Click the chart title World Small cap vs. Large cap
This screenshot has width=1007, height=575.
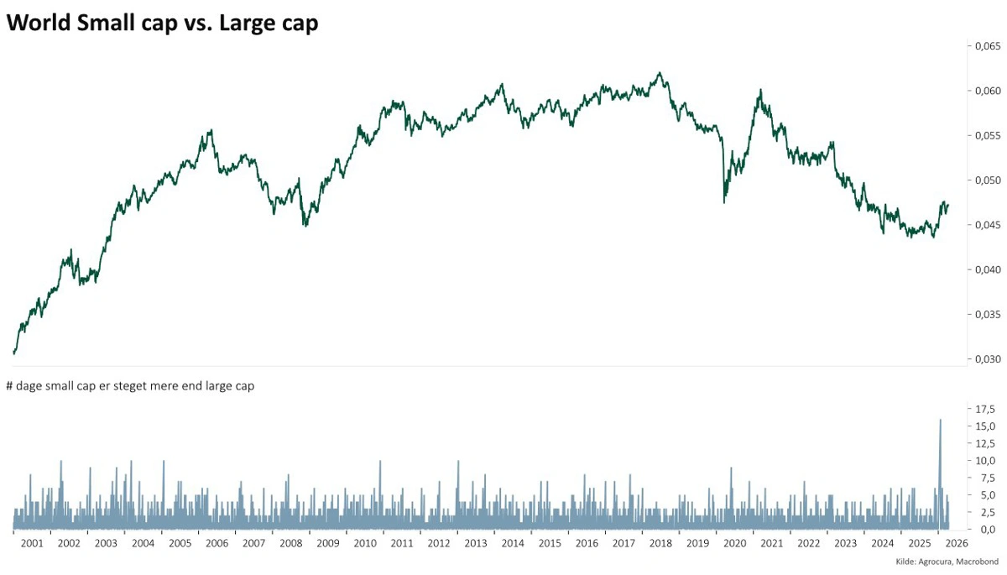tap(162, 24)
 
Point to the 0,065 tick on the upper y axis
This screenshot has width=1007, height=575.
tap(986, 46)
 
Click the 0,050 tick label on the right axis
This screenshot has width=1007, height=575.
tap(986, 180)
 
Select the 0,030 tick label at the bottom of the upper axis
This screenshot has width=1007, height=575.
tap(986, 359)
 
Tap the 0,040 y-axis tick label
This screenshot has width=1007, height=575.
tap(986, 269)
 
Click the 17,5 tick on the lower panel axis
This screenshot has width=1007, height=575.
tap(984, 409)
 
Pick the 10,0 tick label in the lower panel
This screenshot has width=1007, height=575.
tap(984, 461)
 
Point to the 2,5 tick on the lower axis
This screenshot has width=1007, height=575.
tap(985, 512)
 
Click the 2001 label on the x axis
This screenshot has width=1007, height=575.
tap(32, 543)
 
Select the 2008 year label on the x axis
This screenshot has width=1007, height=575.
tap(290, 543)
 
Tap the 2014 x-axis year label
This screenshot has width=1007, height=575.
tap(513, 543)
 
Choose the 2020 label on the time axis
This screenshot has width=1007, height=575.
tap(734, 543)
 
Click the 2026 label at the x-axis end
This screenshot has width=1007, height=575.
tap(956, 543)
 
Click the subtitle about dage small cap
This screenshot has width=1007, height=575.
tap(130, 386)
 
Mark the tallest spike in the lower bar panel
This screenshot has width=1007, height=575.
tap(940, 420)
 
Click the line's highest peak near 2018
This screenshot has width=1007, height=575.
tap(660, 73)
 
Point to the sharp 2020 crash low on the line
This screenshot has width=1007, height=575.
tap(724, 202)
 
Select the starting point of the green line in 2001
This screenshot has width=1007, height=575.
tap(14, 353)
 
